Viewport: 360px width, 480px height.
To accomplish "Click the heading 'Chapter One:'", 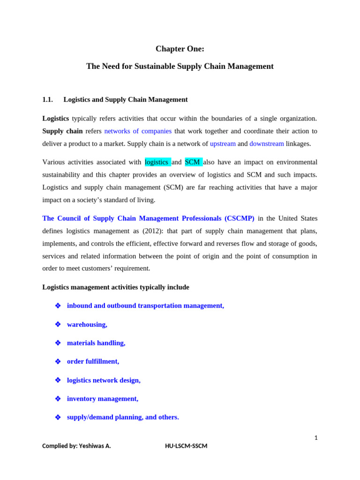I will pyautogui.click(x=180, y=49).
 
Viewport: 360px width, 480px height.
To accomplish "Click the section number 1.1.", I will pyautogui.click(x=47, y=99).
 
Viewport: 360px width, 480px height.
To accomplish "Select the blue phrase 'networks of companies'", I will pyautogui.click(x=138, y=131).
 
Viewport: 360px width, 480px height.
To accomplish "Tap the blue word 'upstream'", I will pyautogui.click(x=223, y=144).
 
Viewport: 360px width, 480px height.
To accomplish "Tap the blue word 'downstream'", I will pyautogui.click(x=266, y=144).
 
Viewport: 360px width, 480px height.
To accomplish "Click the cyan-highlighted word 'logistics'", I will pyautogui.click(x=157, y=162).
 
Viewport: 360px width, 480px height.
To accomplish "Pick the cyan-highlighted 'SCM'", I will pyautogui.click(x=193, y=162).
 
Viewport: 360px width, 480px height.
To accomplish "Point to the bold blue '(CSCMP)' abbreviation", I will pyautogui.click(x=239, y=218).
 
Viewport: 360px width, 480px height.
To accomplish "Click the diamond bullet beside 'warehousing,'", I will pyautogui.click(x=58, y=324).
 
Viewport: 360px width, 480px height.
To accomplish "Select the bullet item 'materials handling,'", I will pyautogui.click(x=96, y=343).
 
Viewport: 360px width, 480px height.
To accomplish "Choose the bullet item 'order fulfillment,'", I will pyautogui.click(x=93, y=361).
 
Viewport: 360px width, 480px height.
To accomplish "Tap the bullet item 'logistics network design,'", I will pyautogui.click(x=104, y=380).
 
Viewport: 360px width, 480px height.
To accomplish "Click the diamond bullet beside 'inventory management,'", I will pyautogui.click(x=58, y=399).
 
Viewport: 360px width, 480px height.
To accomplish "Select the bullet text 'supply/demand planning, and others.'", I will pyautogui.click(x=123, y=417).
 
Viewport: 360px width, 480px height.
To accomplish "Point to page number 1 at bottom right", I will pyautogui.click(x=316, y=438).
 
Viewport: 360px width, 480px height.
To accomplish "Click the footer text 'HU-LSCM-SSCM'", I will pyautogui.click(x=186, y=446).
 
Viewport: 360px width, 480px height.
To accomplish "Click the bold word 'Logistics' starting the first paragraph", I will pyautogui.click(x=55, y=119).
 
